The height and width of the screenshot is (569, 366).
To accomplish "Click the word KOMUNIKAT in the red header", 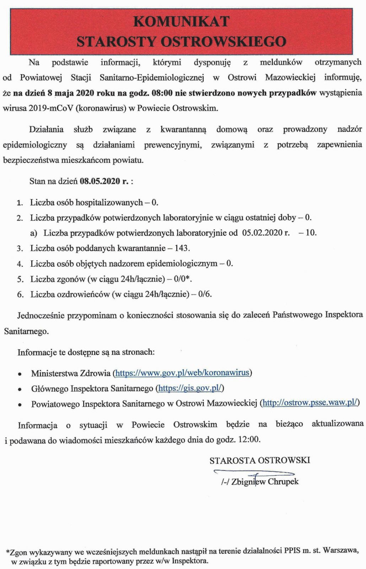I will (181, 22).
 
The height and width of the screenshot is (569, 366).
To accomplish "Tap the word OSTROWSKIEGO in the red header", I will (224, 42).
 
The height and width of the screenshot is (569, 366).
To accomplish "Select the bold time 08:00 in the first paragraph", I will (162, 93).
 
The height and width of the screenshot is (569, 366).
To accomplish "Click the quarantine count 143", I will (182, 248).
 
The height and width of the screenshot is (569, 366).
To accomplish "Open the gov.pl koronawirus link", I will (182, 373).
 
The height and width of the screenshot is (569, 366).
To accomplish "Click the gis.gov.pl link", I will (190, 388).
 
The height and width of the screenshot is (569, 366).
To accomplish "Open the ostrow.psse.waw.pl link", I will (310, 403).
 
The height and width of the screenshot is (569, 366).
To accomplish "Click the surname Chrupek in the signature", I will (283, 482).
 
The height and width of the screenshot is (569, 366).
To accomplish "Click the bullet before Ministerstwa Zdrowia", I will (20, 374).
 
